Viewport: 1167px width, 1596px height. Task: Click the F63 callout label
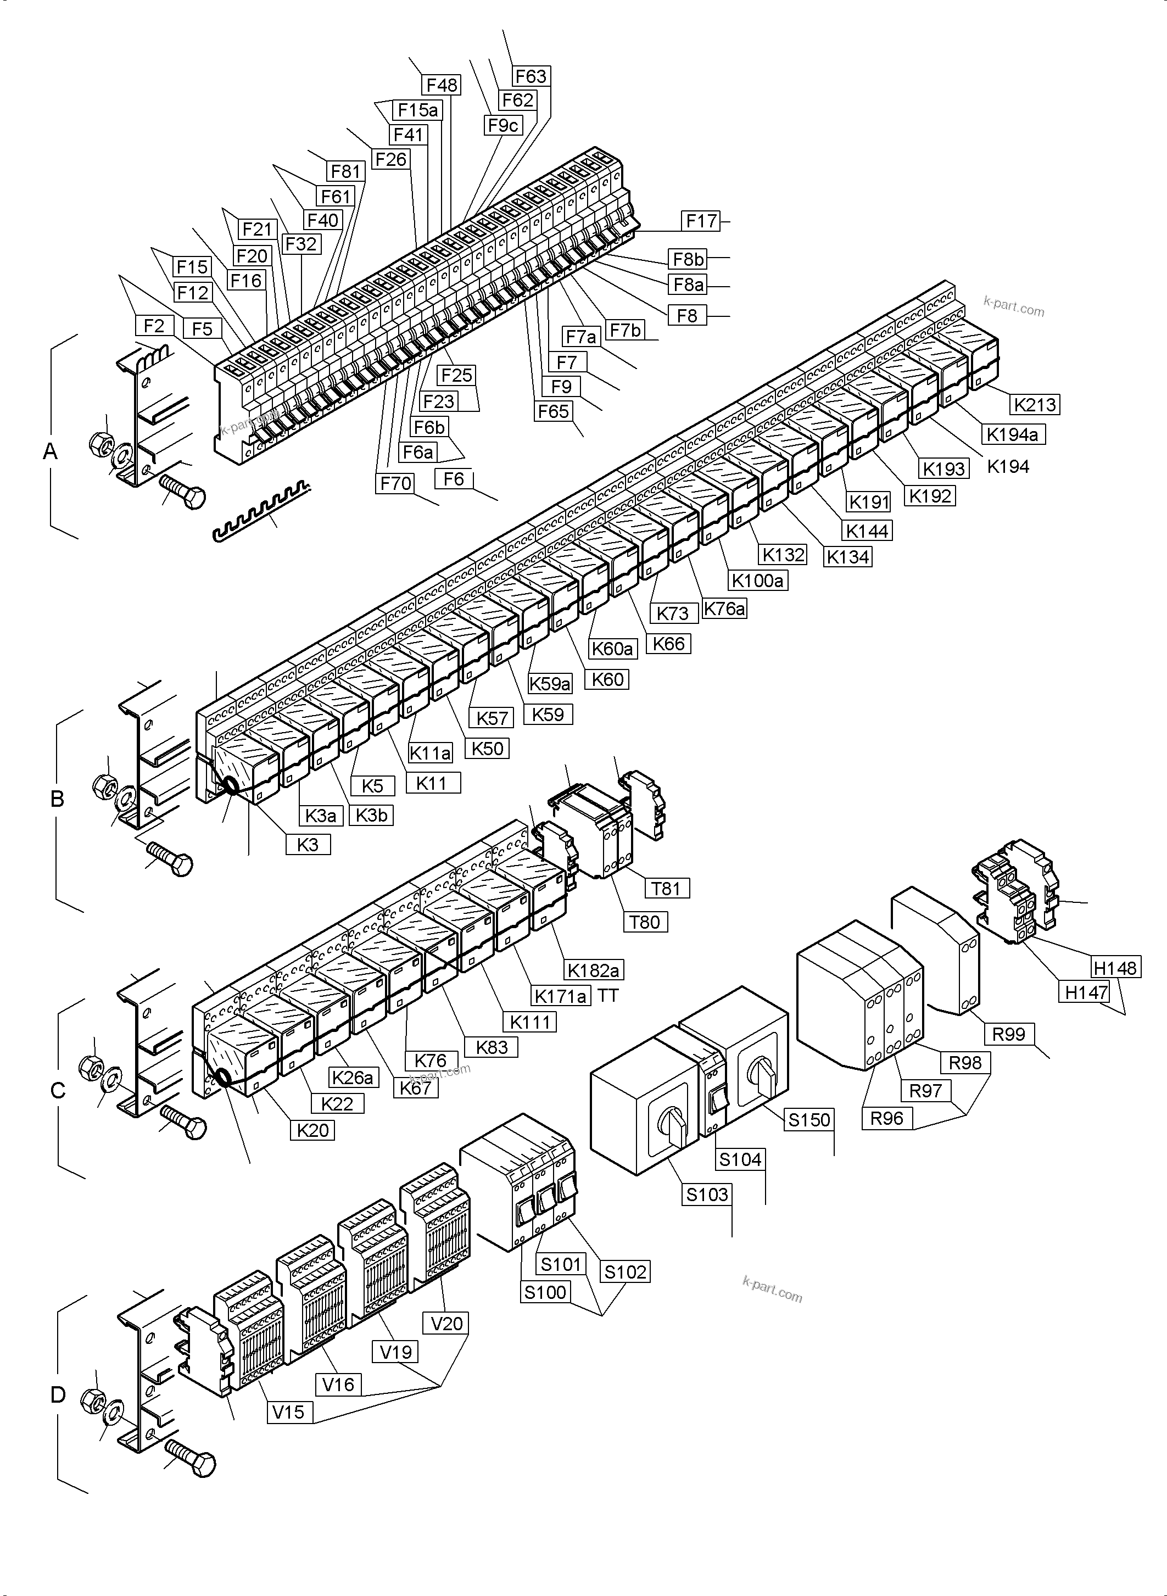tap(531, 76)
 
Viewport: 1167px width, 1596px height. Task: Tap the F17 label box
tap(701, 221)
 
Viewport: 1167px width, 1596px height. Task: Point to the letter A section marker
tap(50, 451)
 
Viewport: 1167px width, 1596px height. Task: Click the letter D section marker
tap(58, 1394)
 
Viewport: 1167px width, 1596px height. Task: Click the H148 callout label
tap(1115, 968)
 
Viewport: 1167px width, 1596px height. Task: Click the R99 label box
tap(1009, 1034)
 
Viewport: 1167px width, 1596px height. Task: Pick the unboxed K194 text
tap(1008, 466)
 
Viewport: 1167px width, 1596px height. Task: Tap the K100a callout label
tap(757, 581)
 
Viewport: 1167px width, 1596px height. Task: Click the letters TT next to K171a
tap(607, 996)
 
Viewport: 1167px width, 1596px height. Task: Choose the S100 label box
tap(545, 1292)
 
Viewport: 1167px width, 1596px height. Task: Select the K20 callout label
tap(312, 1130)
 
